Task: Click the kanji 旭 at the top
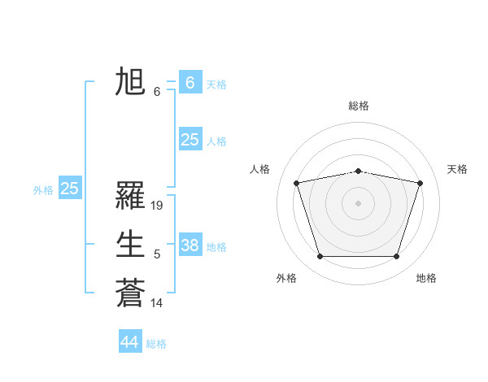[x=130, y=83]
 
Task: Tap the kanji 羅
[x=130, y=196]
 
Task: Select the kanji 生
[x=130, y=244]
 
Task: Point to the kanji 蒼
[x=130, y=293]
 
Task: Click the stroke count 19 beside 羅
[x=158, y=206]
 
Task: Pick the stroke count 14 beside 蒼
[x=158, y=303]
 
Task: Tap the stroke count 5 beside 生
[x=157, y=254]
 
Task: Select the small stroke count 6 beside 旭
[x=157, y=92]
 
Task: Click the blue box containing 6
[x=190, y=83]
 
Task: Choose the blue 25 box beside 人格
[x=190, y=140]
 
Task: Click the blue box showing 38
[x=190, y=245]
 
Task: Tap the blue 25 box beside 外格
[x=69, y=189]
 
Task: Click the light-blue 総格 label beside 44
[x=156, y=344]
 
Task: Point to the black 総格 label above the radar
[x=359, y=106]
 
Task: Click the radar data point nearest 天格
[x=420, y=183]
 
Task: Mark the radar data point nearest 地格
[x=396, y=257]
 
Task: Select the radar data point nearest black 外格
[x=320, y=257]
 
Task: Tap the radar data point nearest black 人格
[x=297, y=183]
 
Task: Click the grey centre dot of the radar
[x=358, y=202]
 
